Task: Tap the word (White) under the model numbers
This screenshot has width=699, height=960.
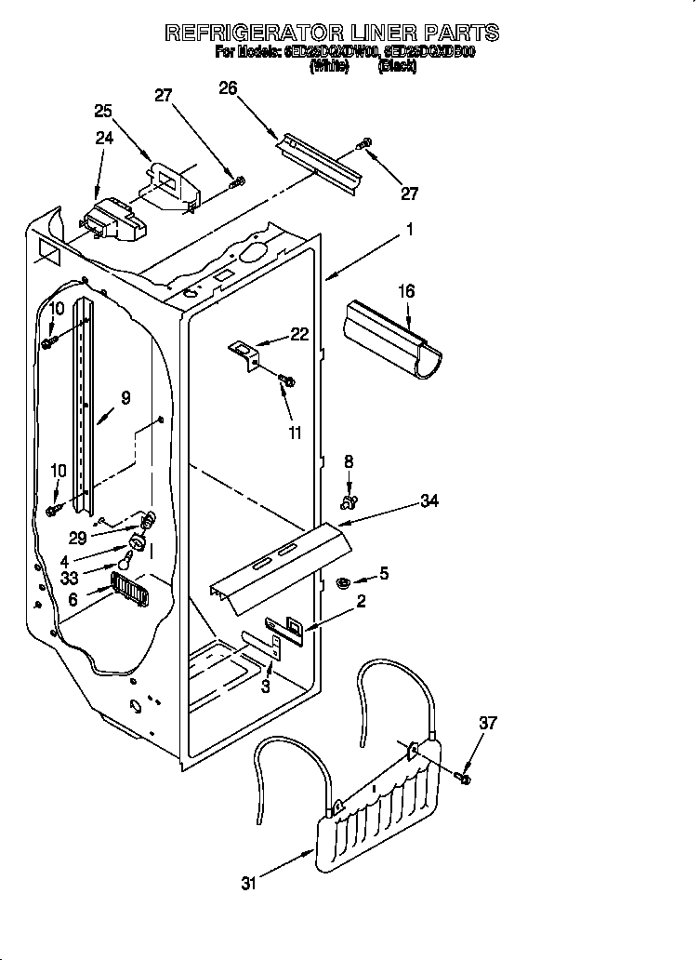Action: (x=329, y=67)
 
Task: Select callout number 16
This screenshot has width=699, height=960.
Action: (x=406, y=292)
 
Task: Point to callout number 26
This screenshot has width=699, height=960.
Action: (x=228, y=88)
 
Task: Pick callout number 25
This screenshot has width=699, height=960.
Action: (x=103, y=111)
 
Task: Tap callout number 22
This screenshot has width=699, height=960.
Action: (x=298, y=335)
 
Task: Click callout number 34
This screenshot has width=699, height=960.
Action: (x=429, y=502)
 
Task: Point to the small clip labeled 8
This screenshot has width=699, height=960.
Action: (x=349, y=503)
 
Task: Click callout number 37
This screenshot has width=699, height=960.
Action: (x=489, y=723)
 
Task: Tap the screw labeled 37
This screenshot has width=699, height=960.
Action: (x=464, y=774)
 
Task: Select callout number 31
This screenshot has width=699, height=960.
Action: (x=247, y=884)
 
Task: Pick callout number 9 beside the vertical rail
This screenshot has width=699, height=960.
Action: (x=125, y=397)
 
